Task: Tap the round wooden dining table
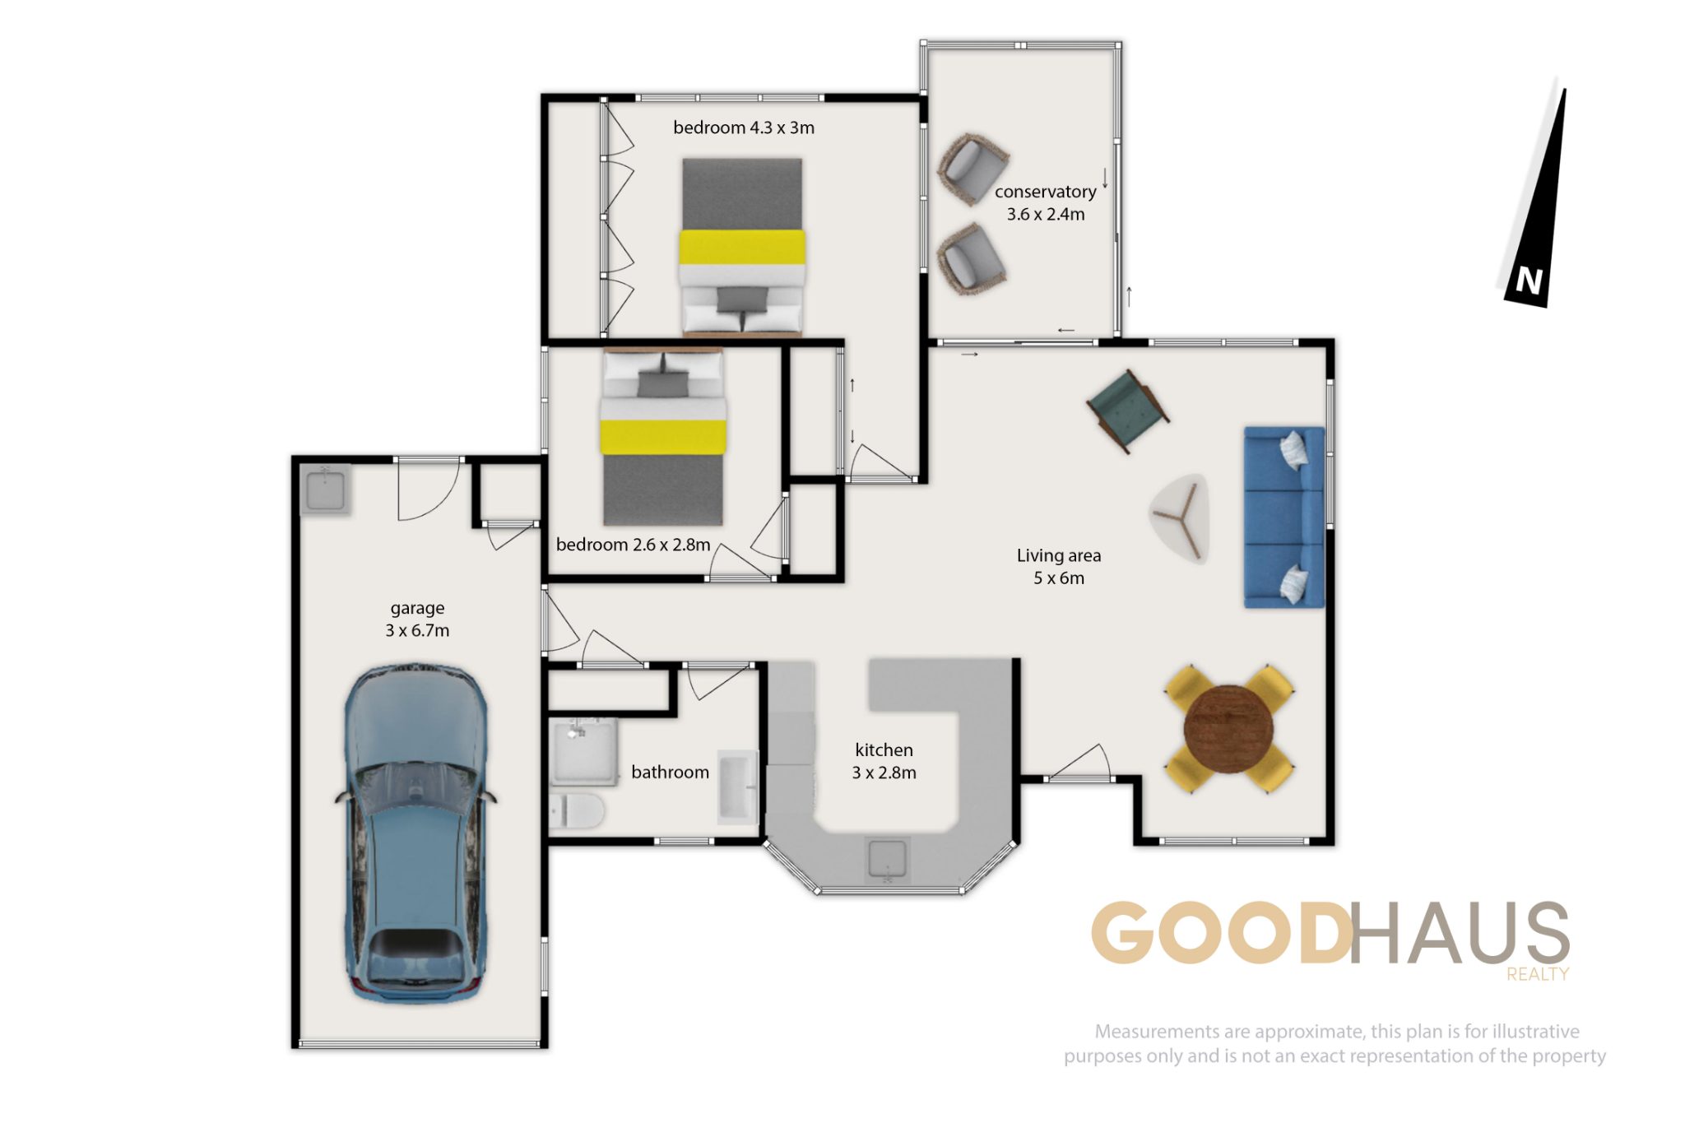pos(1228,728)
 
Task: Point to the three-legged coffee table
pos(1181,517)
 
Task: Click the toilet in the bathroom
pos(577,811)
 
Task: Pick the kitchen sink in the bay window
pos(887,859)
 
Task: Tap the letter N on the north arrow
pos(1529,281)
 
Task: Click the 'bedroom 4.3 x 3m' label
pos(744,128)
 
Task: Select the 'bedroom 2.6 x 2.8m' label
pos(633,545)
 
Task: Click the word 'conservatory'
pos(1045,192)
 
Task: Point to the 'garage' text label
pos(417,609)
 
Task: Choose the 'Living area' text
pos(1059,555)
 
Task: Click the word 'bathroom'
pos(670,772)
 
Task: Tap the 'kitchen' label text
pos(884,749)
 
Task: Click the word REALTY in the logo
pos(1538,974)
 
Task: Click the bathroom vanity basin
pos(737,787)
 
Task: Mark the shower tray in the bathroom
pos(583,752)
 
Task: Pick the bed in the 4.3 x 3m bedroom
pos(742,247)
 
